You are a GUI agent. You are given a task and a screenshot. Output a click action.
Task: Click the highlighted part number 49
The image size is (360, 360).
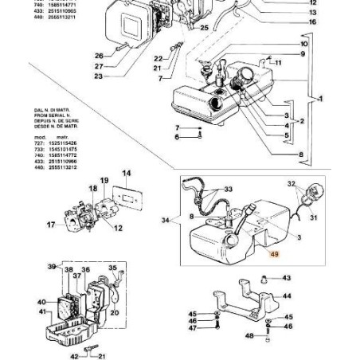click(274, 256)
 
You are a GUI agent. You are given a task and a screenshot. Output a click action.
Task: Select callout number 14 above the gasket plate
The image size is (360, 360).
click(126, 173)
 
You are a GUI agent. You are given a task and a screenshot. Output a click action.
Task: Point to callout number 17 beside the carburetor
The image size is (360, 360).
click(51, 225)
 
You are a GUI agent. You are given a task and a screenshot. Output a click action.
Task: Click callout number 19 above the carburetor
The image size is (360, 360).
click(104, 182)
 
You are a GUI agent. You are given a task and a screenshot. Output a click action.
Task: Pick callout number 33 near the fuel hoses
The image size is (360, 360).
click(229, 190)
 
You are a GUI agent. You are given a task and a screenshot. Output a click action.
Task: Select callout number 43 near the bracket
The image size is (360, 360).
click(287, 278)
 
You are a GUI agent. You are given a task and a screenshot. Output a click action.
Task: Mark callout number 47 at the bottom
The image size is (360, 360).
click(192, 327)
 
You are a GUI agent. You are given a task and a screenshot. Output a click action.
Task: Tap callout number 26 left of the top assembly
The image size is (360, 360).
click(99, 56)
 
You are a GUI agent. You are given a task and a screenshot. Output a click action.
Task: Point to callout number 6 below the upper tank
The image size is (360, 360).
click(178, 137)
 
